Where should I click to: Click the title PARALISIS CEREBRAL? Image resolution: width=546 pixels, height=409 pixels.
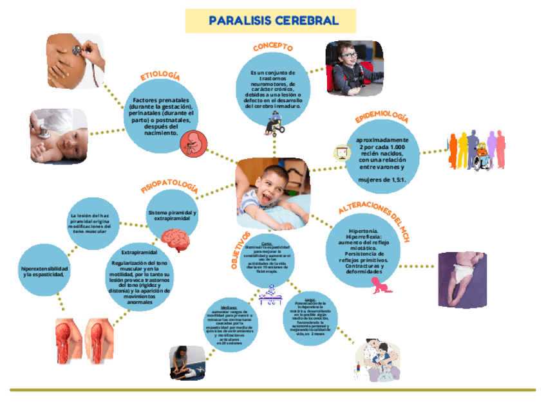(x=274, y=21)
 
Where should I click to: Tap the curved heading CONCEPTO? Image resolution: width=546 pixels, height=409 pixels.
(x=273, y=47)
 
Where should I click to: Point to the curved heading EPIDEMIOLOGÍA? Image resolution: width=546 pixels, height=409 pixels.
(x=382, y=118)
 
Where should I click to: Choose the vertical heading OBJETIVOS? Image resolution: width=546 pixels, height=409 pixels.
(x=240, y=251)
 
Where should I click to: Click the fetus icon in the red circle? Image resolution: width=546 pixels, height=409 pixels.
(x=193, y=143)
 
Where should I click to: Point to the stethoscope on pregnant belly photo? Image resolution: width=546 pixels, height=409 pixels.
(x=73, y=59)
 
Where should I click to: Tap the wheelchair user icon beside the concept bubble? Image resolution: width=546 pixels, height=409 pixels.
(x=278, y=123)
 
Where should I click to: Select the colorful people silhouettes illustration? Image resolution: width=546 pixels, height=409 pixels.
(x=477, y=152)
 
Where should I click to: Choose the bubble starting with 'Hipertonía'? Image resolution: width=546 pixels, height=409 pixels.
(x=366, y=247)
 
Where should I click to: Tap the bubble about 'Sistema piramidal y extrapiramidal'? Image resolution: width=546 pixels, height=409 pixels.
(x=173, y=217)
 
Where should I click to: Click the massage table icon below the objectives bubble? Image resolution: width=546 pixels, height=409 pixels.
(x=270, y=295)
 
